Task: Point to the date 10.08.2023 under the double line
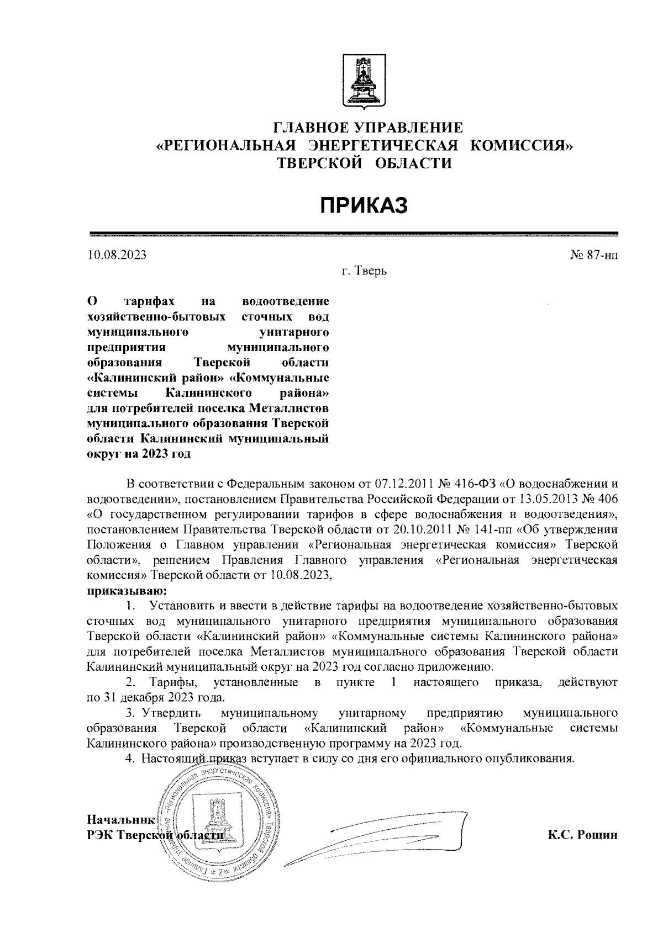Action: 117,255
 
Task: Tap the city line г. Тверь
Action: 364,272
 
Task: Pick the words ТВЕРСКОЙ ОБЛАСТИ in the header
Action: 364,163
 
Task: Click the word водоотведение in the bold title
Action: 286,301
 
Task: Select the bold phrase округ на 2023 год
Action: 139,454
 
